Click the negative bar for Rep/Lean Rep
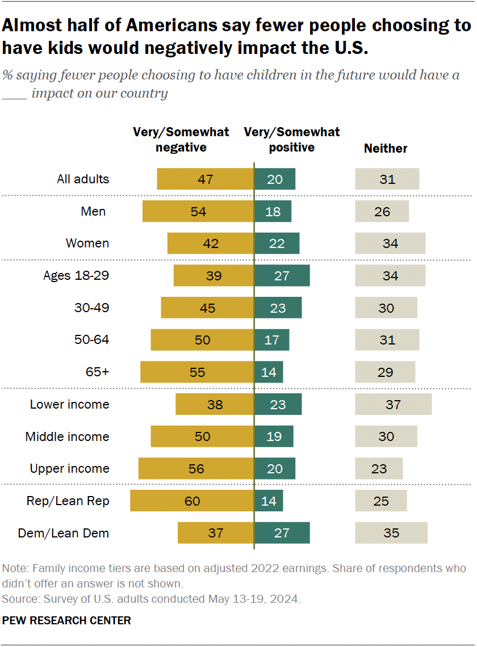pos(192,501)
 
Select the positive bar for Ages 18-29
pos(282,276)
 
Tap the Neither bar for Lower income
pos(393,405)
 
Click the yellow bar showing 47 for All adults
pos(206,179)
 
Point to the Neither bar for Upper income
pos(379,469)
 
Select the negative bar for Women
pos(211,243)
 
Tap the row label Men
pos(94,212)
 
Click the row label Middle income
pos(67,437)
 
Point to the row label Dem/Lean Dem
pos(64,533)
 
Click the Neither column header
pos(386,149)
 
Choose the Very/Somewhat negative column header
pos(181,140)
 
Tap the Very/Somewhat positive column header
pos(292,140)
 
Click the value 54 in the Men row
pos(198,212)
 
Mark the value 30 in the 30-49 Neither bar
pos(386,308)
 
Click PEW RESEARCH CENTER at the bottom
pos(66,620)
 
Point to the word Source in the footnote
pos(18,599)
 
